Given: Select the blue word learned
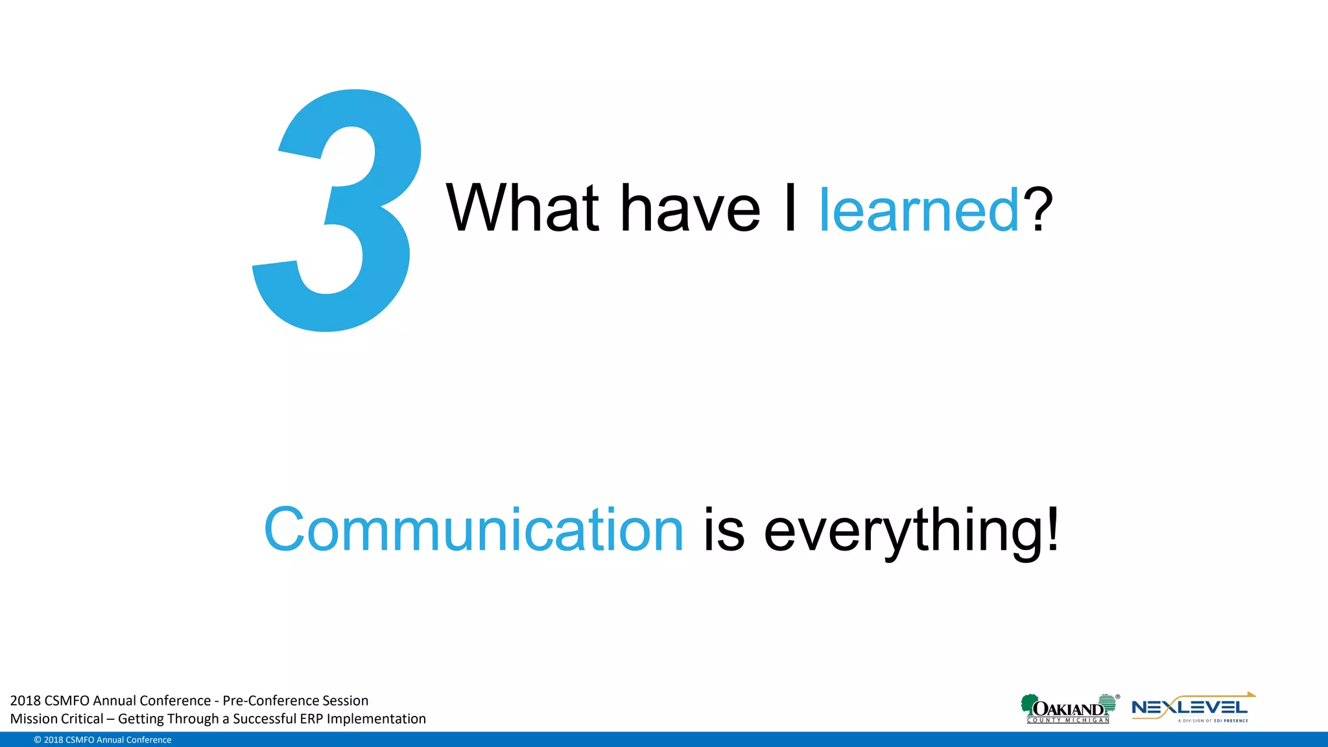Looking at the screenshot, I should tap(919, 210).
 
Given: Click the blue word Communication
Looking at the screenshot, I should tap(473, 530).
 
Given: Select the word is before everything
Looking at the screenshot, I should tap(724, 530).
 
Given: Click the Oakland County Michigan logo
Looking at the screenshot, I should tap(1069, 709).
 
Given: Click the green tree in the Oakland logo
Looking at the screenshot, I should tap(1028, 704).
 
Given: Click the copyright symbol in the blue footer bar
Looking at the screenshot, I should tap(38, 740).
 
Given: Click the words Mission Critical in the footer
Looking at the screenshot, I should tap(56, 718).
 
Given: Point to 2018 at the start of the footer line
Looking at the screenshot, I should tap(25, 700).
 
